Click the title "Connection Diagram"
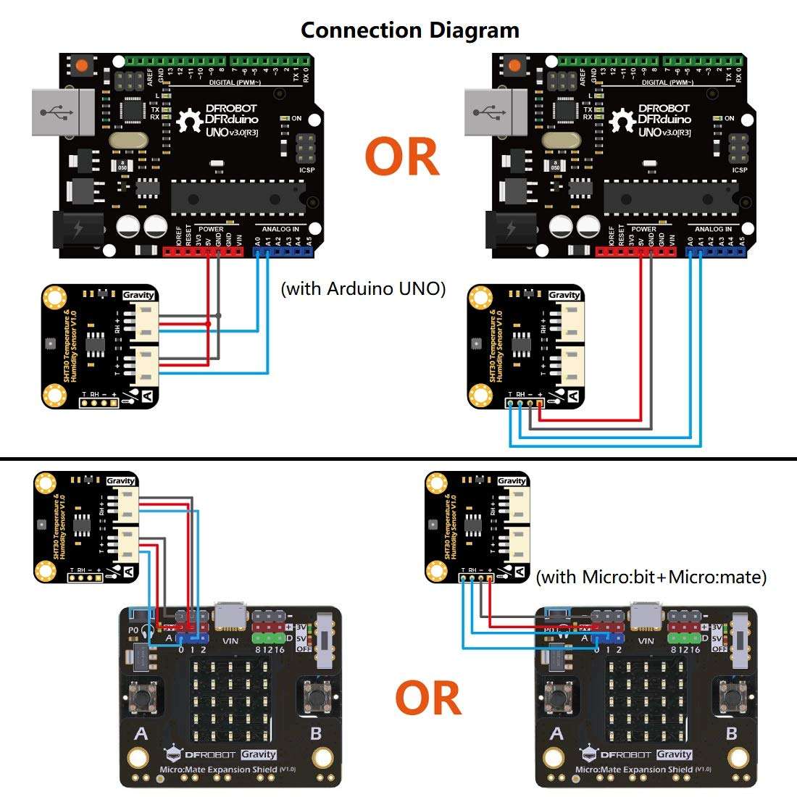coord(409,30)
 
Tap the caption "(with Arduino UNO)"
coord(363,288)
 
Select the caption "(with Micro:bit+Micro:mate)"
coord(651,577)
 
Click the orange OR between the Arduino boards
coord(401,157)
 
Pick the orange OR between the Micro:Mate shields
coord(428,698)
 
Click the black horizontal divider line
coord(398,459)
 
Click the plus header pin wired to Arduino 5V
coord(539,403)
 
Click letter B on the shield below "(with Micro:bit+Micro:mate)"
coord(731,733)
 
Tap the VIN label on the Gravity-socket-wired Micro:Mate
coord(230,640)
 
